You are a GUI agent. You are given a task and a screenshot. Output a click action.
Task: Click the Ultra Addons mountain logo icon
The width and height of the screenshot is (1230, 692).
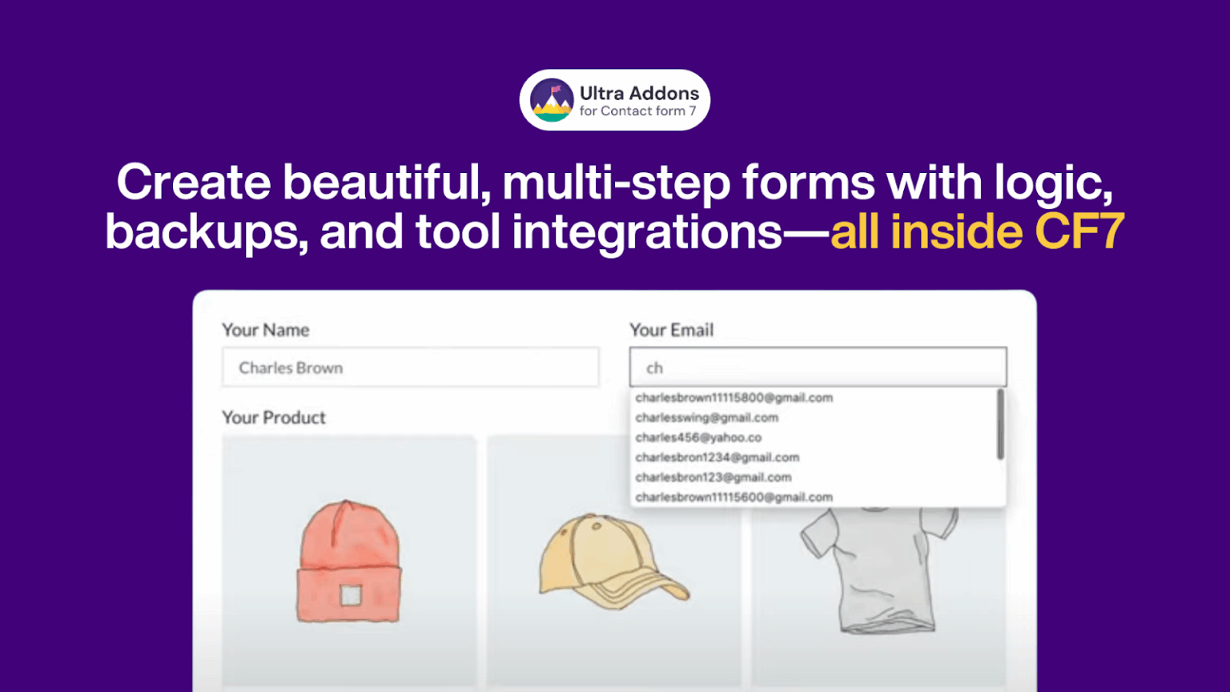point(552,100)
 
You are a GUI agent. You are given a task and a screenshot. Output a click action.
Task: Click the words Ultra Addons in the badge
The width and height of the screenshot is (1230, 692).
point(639,93)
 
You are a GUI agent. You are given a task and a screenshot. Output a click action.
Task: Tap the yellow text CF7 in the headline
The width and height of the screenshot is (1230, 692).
point(1080,231)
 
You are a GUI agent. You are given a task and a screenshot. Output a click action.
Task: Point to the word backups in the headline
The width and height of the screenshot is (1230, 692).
point(207,231)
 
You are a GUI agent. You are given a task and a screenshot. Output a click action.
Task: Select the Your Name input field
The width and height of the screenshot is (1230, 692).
point(410,368)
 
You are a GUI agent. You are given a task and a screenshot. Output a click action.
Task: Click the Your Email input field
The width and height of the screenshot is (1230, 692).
point(818,368)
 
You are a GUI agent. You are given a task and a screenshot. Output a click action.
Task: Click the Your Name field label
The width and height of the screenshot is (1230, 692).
point(265,330)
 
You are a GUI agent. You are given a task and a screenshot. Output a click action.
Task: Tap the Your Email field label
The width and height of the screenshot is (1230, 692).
point(671,330)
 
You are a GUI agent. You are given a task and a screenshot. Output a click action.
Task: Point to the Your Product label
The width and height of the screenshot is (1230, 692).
point(274,417)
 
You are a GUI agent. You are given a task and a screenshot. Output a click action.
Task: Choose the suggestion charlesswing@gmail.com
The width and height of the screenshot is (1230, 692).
point(706,417)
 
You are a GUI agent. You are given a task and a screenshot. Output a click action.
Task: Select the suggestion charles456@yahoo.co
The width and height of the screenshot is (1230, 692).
point(698,437)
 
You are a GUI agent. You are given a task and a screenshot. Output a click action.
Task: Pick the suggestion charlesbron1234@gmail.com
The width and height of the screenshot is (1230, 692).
point(717,457)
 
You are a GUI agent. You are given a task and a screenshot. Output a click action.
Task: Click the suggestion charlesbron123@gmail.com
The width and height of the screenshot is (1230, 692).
point(713,477)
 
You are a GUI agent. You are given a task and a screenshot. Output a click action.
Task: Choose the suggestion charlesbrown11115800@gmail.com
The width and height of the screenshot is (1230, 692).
point(734,397)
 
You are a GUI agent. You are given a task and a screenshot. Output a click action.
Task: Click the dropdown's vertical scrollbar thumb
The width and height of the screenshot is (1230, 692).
point(1000,424)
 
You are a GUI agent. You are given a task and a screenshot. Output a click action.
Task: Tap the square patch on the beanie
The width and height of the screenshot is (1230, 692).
point(351,595)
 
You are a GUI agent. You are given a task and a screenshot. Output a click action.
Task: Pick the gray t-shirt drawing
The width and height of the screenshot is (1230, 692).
point(878,569)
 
